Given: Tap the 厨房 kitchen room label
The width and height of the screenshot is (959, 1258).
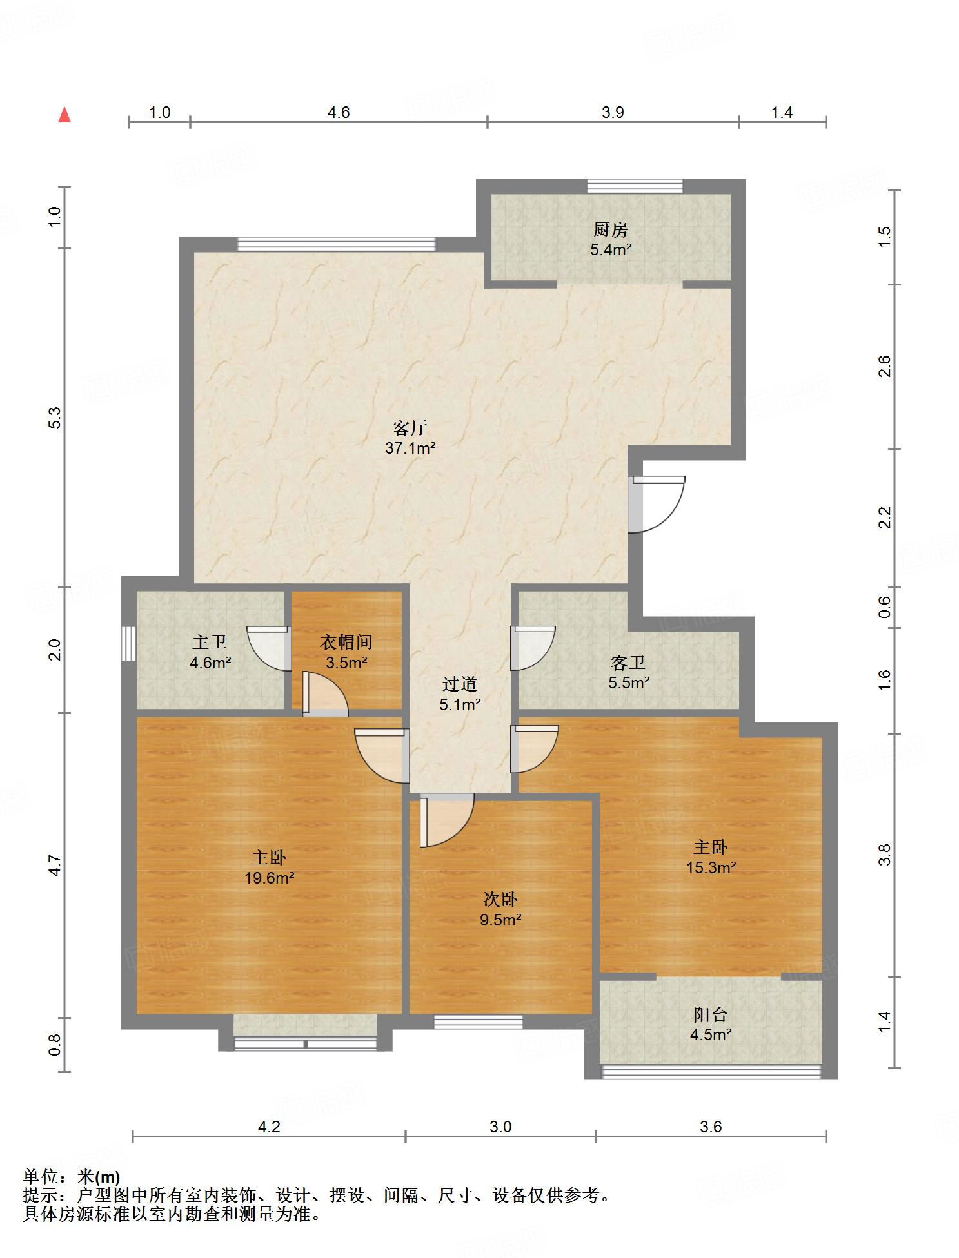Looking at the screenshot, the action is point(610,229).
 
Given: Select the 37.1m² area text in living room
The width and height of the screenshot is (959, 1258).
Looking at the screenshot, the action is point(410,448).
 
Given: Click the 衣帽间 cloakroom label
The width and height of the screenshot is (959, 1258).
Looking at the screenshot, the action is point(346,642).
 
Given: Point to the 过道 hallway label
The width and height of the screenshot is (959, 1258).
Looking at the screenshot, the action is point(460,684).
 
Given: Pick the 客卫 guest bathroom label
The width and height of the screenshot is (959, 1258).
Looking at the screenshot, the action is point(628,662).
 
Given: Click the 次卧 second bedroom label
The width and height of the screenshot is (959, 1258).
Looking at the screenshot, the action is point(500,899).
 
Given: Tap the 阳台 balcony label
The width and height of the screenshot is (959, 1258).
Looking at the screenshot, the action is point(711,1014).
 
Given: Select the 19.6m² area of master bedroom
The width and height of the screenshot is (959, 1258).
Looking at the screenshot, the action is point(270,877).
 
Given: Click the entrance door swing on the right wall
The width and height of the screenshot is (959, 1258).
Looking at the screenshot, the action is point(657,504).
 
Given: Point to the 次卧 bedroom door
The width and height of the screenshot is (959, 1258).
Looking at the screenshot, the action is point(446,820).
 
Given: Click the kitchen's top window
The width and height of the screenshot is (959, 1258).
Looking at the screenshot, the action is point(635,186).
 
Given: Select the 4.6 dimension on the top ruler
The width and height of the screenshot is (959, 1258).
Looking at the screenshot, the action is point(339,113).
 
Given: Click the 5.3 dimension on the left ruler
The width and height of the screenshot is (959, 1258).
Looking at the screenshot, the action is point(55,418).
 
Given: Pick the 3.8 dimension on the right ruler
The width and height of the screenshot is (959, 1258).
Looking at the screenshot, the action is point(885,855).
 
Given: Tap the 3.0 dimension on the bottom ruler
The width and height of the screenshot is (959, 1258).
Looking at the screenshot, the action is point(500,1127).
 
